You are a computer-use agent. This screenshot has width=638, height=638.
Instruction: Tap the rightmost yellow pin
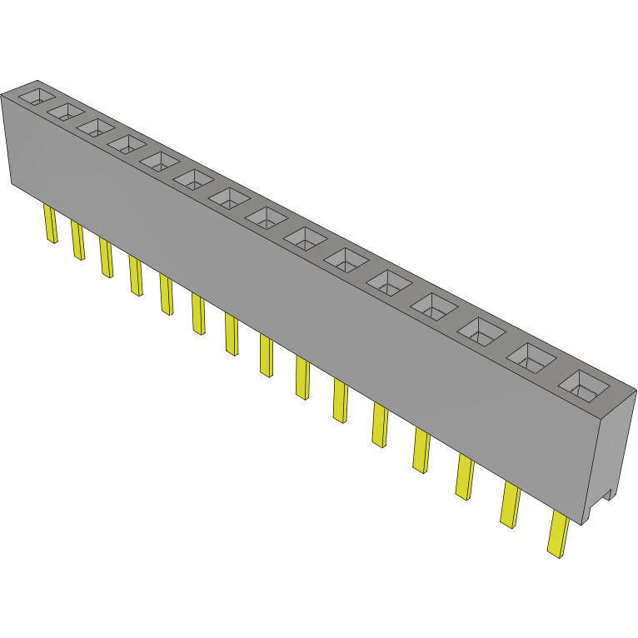(558, 534)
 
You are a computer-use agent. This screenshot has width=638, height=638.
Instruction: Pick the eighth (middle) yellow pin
(266, 355)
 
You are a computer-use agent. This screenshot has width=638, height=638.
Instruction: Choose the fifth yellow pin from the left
(166, 295)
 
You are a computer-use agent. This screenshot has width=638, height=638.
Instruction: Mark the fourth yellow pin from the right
(421, 451)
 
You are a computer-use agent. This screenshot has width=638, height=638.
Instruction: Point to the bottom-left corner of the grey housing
(12, 182)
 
